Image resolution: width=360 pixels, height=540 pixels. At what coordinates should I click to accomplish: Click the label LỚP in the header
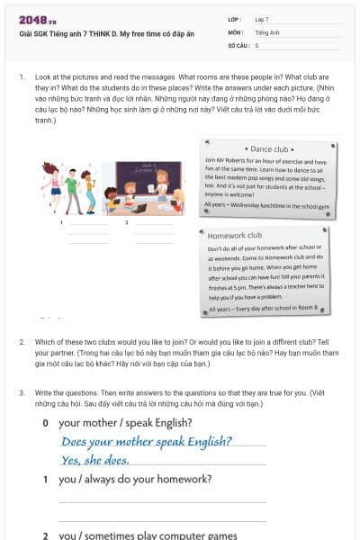233,18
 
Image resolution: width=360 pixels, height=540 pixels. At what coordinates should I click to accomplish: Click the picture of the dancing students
69,187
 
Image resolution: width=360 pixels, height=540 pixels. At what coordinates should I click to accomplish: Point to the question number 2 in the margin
22,342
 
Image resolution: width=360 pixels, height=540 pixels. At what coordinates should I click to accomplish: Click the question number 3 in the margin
22,393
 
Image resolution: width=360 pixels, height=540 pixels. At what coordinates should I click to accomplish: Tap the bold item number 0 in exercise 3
45,422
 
